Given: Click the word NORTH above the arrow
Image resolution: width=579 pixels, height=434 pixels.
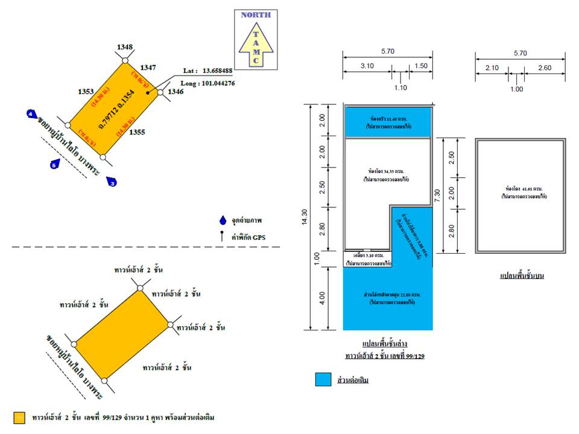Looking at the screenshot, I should (256, 15).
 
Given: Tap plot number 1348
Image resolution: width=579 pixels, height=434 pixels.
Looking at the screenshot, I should (125, 47).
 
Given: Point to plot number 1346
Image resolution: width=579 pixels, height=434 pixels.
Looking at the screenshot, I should (176, 92).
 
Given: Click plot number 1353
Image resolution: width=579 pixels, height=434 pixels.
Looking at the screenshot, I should (86, 92).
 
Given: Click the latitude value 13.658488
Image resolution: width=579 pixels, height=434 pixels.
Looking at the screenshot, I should (218, 70).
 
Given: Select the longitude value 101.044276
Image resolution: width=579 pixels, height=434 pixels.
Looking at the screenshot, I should (214, 83).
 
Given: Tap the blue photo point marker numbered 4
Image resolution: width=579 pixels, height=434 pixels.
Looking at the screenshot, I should (31, 113).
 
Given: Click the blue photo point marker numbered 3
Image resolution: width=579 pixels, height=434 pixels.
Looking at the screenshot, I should (112, 181).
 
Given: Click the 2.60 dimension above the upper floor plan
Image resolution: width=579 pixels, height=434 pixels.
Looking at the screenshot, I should (545, 68).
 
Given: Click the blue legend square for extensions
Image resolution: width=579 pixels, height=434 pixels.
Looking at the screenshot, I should (323, 380).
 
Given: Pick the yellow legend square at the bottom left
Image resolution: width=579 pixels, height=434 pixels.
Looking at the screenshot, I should (19, 417).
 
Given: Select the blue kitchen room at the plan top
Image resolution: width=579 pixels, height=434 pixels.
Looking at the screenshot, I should (388, 121).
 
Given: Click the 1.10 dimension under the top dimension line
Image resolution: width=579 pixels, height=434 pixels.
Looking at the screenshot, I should (400, 87).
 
